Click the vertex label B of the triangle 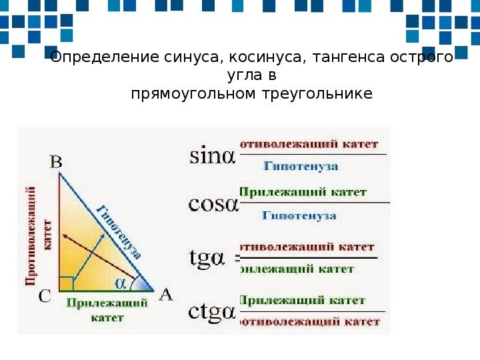pos(57,161)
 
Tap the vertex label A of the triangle pos(165,295)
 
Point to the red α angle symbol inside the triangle pos(121,283)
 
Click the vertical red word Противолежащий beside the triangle pos(31,236)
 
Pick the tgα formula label pos(209,257)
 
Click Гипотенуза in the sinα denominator pos(300,166)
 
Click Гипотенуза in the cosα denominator pos(299,215)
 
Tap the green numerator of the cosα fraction pos(303,192)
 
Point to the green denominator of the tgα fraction pos(296,269)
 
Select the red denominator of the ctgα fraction pos(309,322)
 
